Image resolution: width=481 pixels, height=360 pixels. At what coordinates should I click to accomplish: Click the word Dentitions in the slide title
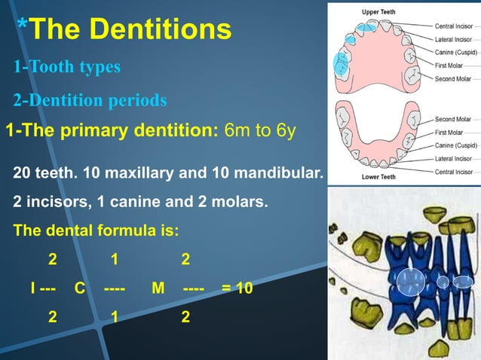163,29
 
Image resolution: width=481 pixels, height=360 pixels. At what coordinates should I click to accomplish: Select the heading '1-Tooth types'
66,67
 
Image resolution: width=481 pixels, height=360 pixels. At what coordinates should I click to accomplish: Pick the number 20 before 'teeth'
23,174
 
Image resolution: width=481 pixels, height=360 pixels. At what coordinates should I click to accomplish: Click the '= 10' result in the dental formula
237,288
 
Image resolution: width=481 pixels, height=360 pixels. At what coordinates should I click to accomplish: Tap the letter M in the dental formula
157,288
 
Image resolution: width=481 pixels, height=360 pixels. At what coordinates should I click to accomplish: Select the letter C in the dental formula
80,288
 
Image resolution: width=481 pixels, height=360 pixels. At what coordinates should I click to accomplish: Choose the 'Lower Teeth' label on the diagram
378,177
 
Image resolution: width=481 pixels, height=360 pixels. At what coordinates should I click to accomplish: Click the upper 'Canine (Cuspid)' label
456,52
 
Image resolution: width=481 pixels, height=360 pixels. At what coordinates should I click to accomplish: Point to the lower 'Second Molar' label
452,119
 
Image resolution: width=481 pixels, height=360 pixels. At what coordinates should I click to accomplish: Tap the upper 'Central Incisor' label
454,26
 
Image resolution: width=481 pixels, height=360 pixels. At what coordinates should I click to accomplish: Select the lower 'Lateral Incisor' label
454,158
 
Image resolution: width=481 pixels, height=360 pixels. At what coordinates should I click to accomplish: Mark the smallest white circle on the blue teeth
443,282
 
